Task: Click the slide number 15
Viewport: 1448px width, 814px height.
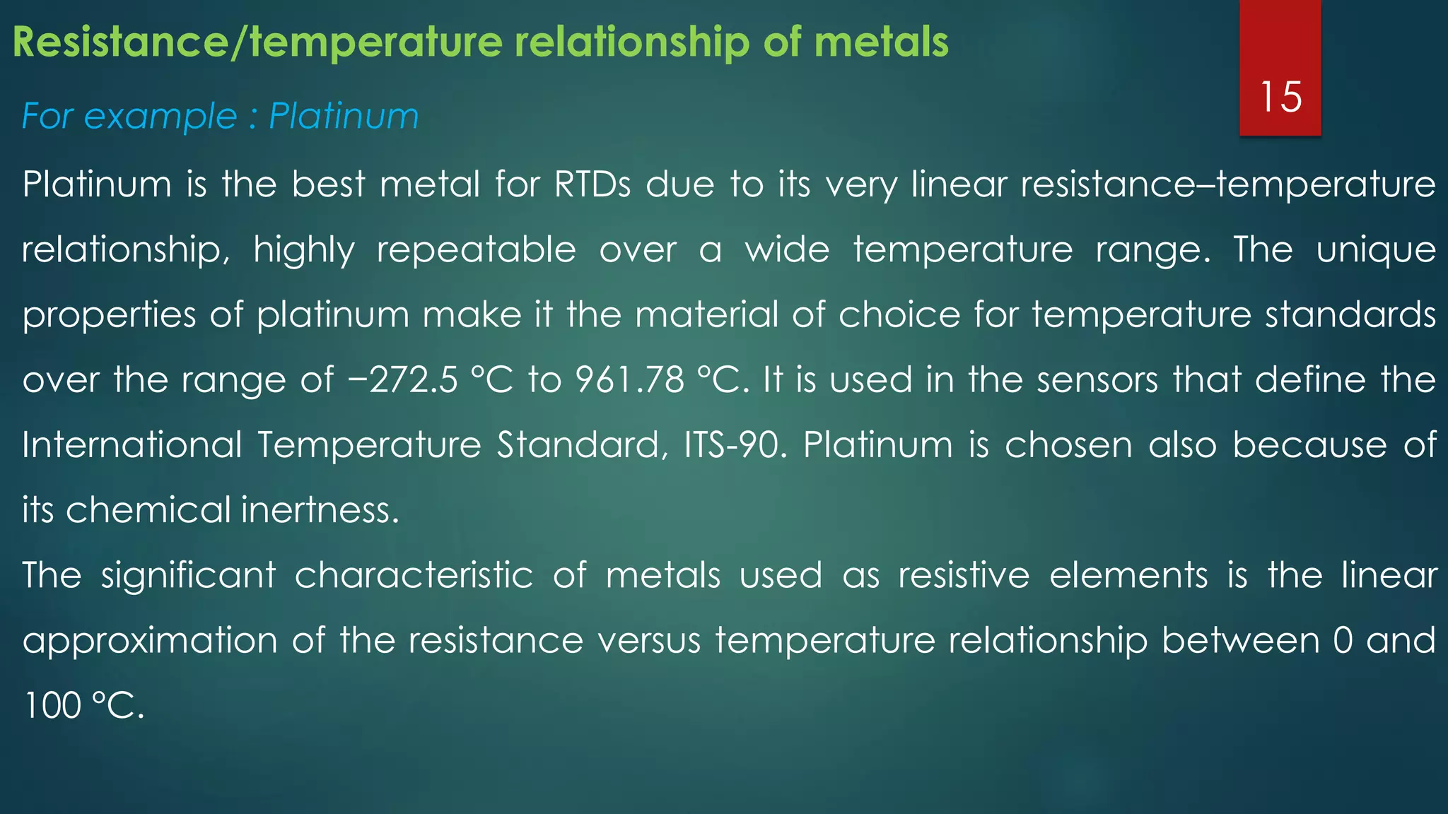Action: coord(1280,97)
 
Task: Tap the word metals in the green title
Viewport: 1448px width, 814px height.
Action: coord(881,42)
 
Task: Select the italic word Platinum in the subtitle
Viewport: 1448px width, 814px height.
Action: coord(344,116)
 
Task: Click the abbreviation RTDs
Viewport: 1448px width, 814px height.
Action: coord(592,184)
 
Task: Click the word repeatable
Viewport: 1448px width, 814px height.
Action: coord(476,250)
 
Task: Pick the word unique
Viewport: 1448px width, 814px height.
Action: coord(1375,250)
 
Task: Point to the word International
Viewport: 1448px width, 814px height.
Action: coord(132,445)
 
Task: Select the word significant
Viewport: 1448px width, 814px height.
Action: coord(188,575)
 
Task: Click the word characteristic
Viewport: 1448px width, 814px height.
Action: coord(414,575)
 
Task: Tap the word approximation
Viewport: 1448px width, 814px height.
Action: coord(151,641)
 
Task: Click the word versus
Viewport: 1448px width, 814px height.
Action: coord(648,641)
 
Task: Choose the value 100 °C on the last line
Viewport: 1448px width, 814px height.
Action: coord(83,706)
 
